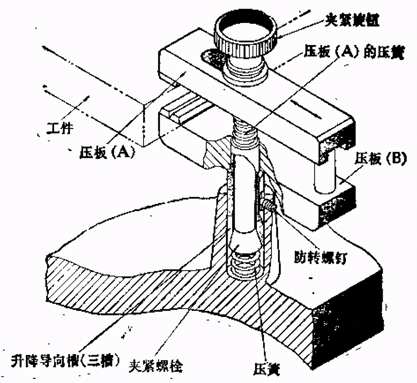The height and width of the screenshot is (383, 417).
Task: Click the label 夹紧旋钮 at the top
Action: [352, 21]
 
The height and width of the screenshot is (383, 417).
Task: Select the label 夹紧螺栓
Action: [156, 364]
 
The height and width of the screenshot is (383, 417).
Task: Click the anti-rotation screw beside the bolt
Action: [269, 205]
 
